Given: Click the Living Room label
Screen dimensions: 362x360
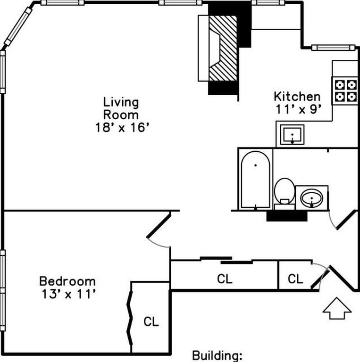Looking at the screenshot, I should [121, 108].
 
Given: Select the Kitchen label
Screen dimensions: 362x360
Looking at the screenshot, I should [297, 97].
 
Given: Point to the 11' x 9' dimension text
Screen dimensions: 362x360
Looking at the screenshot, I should [299, 109].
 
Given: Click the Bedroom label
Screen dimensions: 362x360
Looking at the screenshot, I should [67, 281].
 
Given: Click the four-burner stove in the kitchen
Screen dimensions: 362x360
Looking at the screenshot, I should [345, 91].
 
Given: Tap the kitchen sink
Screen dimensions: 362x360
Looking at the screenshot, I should [293, 135].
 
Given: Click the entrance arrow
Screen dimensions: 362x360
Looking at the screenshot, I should [337, 310].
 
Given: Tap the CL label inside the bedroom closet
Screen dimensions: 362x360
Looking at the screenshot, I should [151, 322].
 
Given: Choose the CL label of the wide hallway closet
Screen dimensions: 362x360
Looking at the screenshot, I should [225, 279].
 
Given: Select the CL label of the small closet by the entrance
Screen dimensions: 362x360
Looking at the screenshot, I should [295, 279].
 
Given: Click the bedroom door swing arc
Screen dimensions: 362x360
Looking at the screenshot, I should [160, 242].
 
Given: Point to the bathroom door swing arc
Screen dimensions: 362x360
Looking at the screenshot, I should [331, 222].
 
